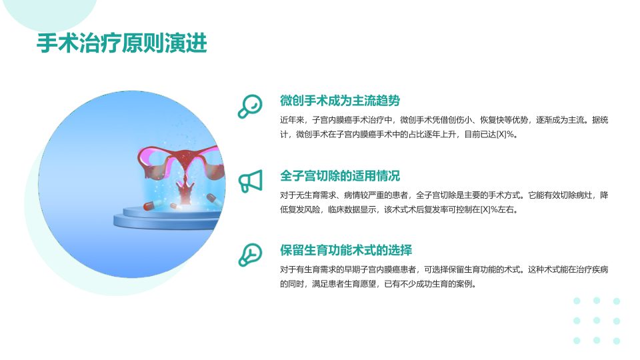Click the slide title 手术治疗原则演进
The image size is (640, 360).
(x=121, y=43)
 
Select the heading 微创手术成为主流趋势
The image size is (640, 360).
(x=340, y=101)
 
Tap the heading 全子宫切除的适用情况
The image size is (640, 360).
(x=340, y=176)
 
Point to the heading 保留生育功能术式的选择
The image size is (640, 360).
(x=346, y=250)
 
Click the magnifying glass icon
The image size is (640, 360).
(x=250, y=107)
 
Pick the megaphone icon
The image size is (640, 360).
(x=250, y=181)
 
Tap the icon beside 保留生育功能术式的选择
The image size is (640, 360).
(x=250, y=255)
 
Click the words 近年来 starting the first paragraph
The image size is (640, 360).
(x=292, y=120)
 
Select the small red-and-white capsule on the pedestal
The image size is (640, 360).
(x=176, y=206)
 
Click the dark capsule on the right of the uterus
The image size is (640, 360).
(x=214, y=199)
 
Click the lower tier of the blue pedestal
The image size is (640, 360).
(x=167, y=223)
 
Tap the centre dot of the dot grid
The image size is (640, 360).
(x=597, y=321)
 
